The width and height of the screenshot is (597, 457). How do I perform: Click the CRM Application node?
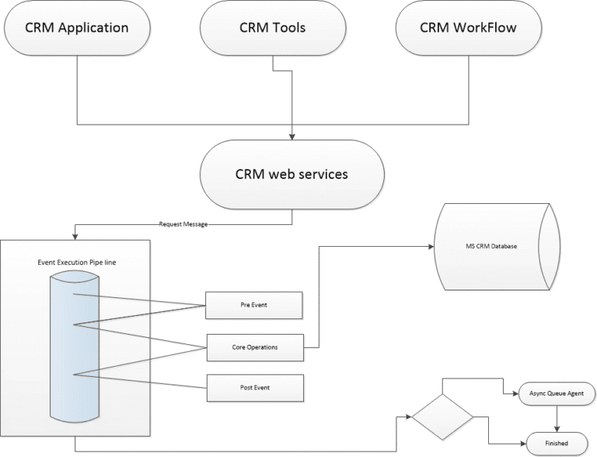tap(76, 29)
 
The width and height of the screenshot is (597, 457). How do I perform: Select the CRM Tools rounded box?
tap(272, 29)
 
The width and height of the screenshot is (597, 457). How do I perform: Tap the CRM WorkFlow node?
tap(468, 29)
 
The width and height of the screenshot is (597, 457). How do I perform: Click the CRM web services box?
tap(292, 174)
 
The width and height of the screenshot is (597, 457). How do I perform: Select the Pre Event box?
tap(253, 305)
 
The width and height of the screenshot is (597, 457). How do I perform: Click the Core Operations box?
tap(253, 346)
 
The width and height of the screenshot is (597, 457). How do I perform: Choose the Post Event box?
tap(253, 387)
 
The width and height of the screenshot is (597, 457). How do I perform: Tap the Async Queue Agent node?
tap(556, 394)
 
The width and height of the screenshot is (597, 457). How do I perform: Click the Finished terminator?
tap(556, 444)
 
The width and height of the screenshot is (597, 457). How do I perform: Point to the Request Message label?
tap(182, 223)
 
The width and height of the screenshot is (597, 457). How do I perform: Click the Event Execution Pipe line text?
tap(77, 262)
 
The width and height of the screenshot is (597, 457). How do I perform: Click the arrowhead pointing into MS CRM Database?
tap(431, 247)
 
